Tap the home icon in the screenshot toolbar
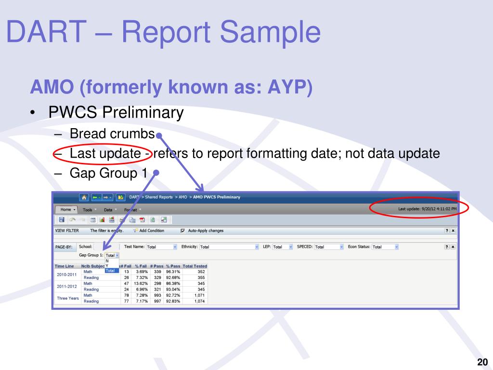coord(85,197)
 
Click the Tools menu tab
coord(89,210)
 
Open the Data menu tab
coord(109,210)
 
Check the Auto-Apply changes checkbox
coord(182,231)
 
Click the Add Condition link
coord(151,231)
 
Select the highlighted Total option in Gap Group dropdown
coord(111,270)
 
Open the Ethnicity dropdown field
coord(229,247)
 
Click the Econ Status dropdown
coord(385,247)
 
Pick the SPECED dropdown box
coord(329,247)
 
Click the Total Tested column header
coord(195,266)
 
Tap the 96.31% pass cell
coord(172,272)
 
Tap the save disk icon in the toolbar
coord(62,220)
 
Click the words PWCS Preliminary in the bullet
coord(116,113)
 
